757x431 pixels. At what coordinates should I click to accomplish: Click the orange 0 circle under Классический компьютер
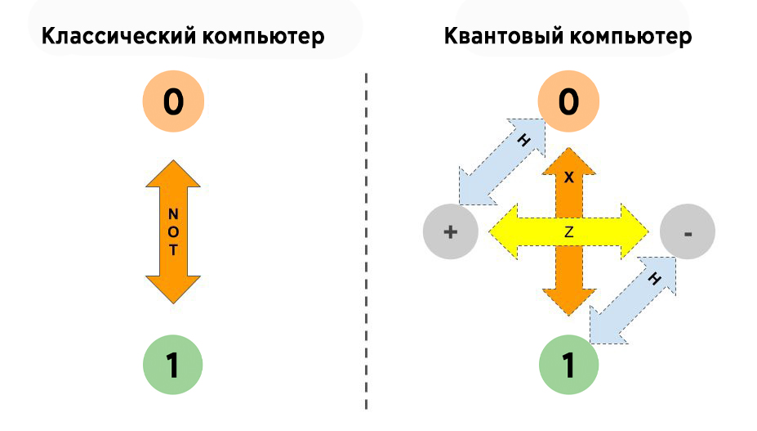[x=172, y=103]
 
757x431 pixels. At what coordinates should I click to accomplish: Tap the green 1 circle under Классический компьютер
[x=172, y=366]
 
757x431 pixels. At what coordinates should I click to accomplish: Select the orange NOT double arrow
[x=172, y=232]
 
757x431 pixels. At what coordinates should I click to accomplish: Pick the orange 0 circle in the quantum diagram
[x=568, y=103]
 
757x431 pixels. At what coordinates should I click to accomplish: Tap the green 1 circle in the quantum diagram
[x=568, y=366]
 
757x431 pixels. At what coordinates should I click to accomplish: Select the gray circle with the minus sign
[x=687, y=232]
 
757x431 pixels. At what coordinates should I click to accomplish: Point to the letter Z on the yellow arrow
[x=568, y=232]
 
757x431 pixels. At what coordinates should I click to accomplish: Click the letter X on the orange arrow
[x=569, y=177]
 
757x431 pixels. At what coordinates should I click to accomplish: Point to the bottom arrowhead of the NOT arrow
[x=172, y=289]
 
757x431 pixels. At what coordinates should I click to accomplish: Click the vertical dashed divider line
[x=366, y=245]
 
